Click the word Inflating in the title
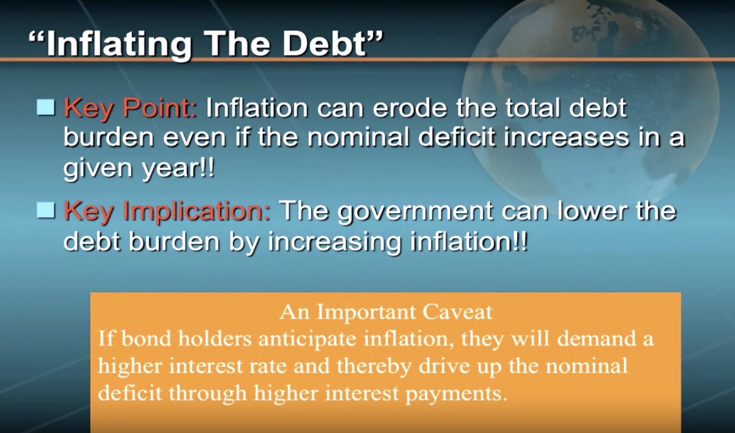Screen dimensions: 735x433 point(119,44)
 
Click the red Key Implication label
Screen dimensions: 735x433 point(167,212)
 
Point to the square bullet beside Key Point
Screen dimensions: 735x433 point(45,107)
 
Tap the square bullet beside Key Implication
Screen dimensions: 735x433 point(45,210)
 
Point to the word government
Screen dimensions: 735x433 point(415,212)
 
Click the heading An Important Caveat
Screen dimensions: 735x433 point(386,312)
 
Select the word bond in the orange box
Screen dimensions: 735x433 point(146,338)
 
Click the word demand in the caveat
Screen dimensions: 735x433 point(596,338)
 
